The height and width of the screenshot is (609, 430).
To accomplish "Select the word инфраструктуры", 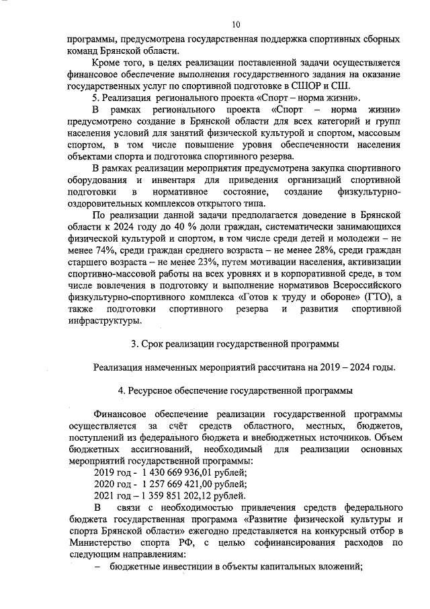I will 101,320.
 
